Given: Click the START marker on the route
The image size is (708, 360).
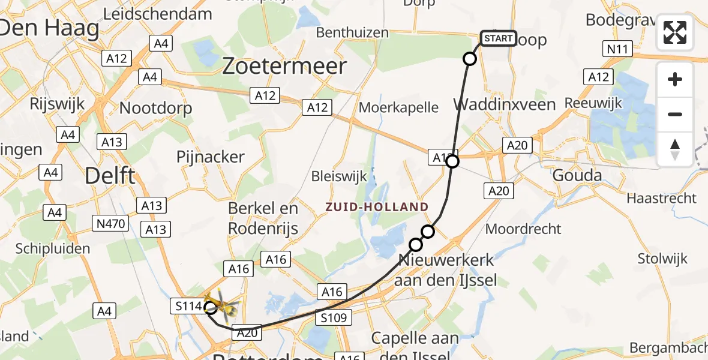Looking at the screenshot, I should click(498, 39).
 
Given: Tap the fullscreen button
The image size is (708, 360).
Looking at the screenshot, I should click(675, 32).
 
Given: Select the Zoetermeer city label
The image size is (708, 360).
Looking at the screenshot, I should click(284, 66).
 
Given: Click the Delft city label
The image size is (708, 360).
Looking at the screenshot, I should click(110, 176).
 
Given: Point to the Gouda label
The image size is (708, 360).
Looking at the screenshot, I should click(577, 176).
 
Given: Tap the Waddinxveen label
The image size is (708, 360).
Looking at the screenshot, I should click(496, 105).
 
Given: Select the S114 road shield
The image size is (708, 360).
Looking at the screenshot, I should click(188, 306).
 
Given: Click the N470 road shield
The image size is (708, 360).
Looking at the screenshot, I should click(110, 224).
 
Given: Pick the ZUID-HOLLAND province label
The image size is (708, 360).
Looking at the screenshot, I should click(377, 207).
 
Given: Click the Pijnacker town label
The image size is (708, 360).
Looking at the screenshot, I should click(211, 157).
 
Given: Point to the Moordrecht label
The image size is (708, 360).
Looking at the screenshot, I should click(523, 229).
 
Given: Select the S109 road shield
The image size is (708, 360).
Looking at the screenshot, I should click(334, 318).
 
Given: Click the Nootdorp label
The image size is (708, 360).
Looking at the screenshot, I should click(156, 108).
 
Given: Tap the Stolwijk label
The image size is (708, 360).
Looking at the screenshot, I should click(662, 259).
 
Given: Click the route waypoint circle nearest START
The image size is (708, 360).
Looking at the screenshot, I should click(470, 59).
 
